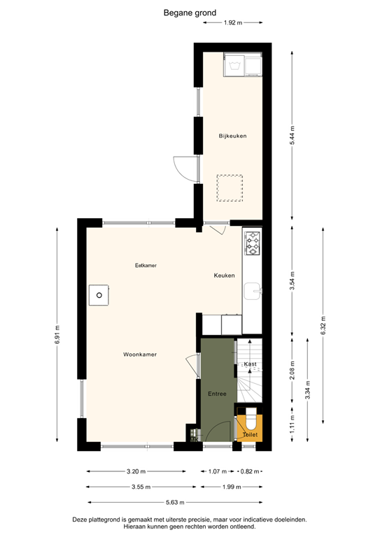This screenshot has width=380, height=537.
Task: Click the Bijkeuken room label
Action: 232,136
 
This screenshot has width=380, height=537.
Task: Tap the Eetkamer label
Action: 146,266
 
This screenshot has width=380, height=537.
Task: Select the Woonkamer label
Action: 140,355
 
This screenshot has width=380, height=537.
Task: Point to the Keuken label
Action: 224,275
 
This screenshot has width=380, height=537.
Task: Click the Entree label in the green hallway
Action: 217,394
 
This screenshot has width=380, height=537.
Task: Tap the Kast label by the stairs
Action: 251,364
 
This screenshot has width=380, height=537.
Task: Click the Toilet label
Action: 250,435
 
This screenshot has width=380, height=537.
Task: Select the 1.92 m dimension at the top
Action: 232,23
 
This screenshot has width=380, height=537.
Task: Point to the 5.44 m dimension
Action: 293,135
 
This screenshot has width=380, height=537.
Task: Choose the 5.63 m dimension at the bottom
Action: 174,502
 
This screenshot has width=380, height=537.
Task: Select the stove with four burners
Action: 252,243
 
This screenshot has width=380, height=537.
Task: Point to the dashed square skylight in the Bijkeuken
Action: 229,187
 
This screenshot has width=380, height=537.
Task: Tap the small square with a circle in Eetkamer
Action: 99,295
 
